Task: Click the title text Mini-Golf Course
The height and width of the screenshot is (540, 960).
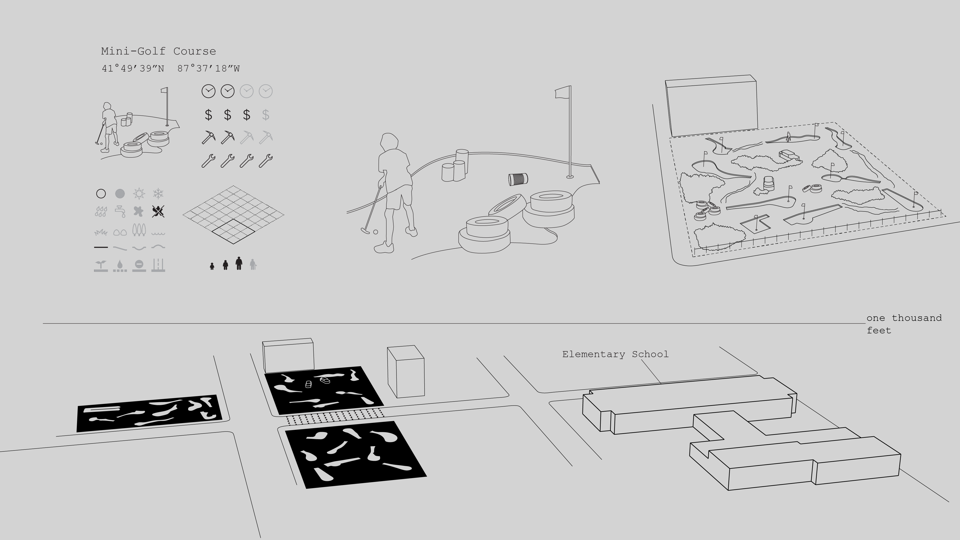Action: click(158, 51)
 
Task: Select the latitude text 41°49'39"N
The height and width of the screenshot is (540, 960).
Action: click(133, 69)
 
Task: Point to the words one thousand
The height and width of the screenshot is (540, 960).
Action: click(904, 318)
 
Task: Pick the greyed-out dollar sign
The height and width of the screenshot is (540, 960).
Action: click(266, 115)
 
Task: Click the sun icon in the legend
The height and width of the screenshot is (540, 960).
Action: click(139, 193)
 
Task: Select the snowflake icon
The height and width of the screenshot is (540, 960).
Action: click(158, 193)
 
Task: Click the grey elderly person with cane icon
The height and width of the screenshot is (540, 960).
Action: click(253, 264)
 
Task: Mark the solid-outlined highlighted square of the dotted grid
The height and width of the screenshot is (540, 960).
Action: click(234, 231)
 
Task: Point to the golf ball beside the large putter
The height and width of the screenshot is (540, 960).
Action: click(376, 232)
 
